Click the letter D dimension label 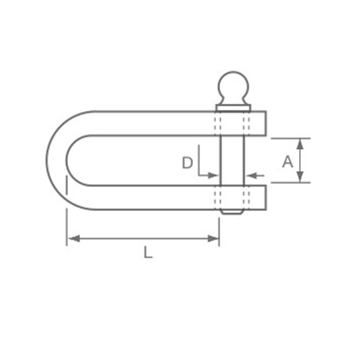(187, 163)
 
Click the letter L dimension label (148, 252)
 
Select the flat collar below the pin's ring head (233, 108)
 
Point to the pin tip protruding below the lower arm (232, 212)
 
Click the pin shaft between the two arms (232, 161)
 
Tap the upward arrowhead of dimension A (300, 144)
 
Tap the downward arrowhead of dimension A (300, 177)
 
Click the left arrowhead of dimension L (74, 239)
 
